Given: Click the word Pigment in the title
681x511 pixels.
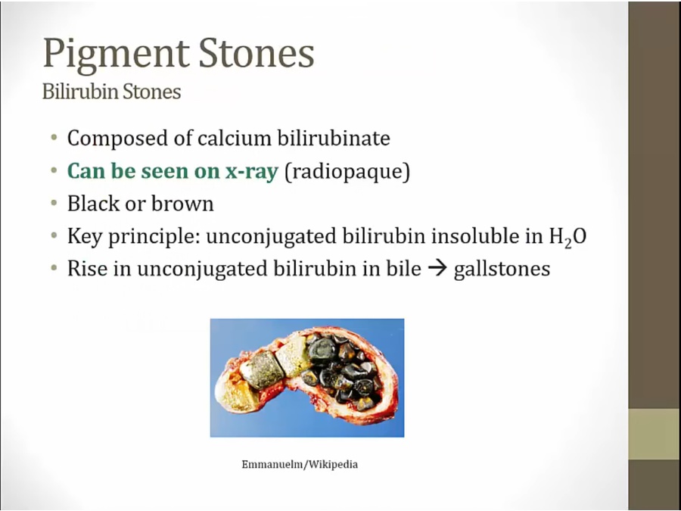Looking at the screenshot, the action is coord(117,55).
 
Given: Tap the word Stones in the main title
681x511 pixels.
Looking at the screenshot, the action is coord(257,53).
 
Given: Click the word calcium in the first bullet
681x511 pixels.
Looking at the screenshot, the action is coord(235,139).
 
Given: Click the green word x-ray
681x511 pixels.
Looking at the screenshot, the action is coord(251,171).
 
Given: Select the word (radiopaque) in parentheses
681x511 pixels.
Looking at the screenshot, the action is coord(347,172).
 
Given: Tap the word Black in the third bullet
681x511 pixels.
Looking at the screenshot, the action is coord(93,204).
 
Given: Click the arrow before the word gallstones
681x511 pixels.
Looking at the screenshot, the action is coord(437,269).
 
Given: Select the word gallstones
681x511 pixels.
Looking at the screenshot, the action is coord(502,269).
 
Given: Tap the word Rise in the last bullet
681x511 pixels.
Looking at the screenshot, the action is coord(87,269).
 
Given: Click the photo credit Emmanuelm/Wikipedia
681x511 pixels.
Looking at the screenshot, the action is coord(300,465).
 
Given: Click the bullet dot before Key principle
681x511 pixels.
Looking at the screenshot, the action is coord(54,236).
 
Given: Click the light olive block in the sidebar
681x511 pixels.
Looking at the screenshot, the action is coord(655,434).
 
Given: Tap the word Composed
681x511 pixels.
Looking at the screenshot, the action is coord(129,139).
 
